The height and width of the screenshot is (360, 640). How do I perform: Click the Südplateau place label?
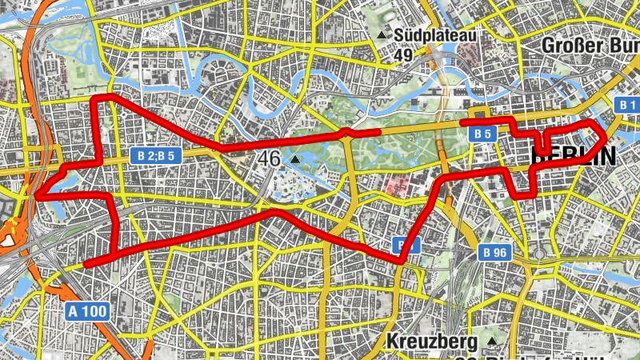(x=437, y=36)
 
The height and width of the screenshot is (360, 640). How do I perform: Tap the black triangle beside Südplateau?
(x=383, y=36)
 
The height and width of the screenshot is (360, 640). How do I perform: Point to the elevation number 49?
(x=403, y=55)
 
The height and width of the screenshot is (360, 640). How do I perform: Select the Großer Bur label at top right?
(x=590, y=45)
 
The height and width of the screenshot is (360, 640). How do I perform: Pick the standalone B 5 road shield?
(x=482, y=134)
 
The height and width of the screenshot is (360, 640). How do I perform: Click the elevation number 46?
(x=270, y=158)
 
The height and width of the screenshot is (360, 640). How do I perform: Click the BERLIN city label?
(x=574, y=156)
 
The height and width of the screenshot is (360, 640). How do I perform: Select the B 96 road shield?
(x=496, y=253)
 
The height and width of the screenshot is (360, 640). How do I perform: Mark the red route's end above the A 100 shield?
(x=86, y=263)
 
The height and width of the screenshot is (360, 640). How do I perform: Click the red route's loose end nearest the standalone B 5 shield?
(x=463, y=122)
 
